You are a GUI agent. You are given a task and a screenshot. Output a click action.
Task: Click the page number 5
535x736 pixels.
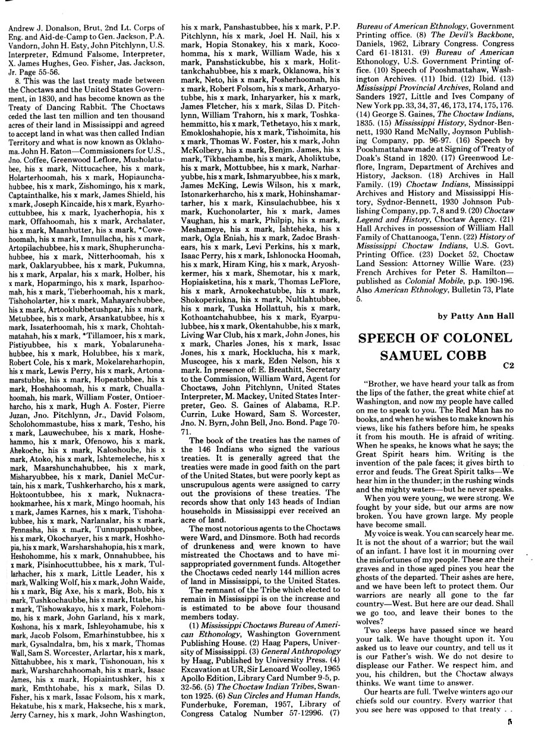point(509,724)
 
